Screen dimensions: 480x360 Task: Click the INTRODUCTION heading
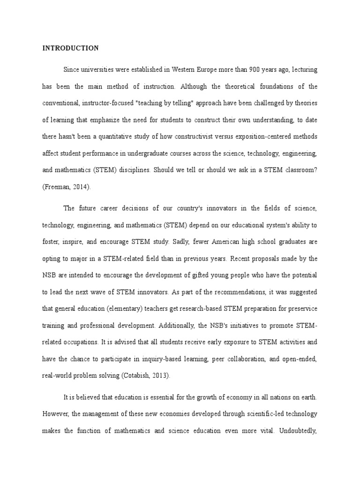point(70,48)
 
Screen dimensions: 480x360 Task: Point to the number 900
point(254,70)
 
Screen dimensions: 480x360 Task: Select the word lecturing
point(304,70)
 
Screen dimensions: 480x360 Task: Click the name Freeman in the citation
point(57,187)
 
